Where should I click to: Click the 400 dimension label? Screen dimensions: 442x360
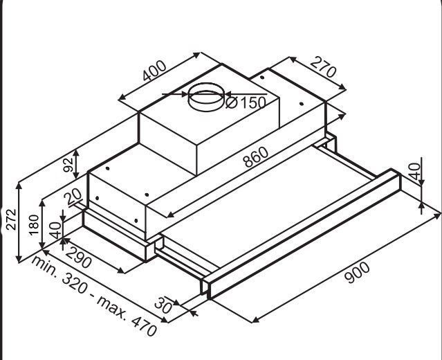pyautogui.click(x=154, y=71)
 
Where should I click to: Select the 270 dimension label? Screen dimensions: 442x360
pyautogui.click(x=323, y=67)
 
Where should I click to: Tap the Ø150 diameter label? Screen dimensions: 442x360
pyautogui.click(x=246, y=102)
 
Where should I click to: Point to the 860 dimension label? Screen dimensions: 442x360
pyautogui.click(x=256, y=157)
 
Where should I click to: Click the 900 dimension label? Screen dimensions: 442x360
pyautogui.click(x=357, y=272)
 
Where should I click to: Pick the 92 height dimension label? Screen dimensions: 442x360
pyautogui.click(x=68, y=165)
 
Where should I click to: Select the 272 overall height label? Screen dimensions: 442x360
pyautogui.click(x=11, y=219)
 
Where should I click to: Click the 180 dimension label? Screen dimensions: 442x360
pyautogui.click(x=34, y=225)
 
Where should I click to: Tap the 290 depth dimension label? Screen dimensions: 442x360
pyautogui.click(x=78, y=258)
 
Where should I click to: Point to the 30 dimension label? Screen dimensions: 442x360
pyautogui.click(x=163, y=305)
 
